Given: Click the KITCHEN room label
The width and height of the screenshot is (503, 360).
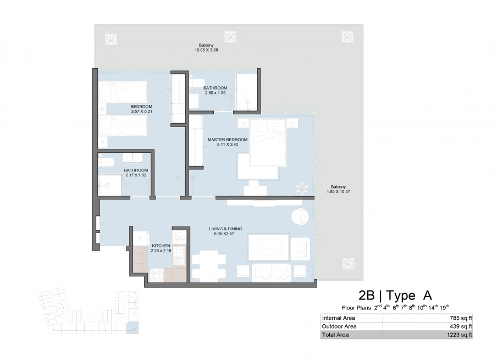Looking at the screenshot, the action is click(x=161, y=246).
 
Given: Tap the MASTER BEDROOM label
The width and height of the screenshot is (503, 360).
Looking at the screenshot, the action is click(x=228, y=140).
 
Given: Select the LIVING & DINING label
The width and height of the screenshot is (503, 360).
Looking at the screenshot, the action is click(x=225, y=229).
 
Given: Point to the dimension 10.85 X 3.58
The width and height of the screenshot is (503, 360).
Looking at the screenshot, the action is click(x=206, y=50).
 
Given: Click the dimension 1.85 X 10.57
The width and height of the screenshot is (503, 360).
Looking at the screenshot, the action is click(x=339, y=192).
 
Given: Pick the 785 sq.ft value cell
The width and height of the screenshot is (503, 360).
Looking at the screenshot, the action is click(x=461, y=318).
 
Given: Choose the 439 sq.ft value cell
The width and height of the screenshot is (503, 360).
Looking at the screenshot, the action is click(x=461, y=326).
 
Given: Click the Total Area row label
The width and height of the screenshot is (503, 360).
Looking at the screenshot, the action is click(x=335, y=335).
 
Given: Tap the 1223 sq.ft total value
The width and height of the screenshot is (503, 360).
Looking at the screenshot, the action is click(x=460, y=335).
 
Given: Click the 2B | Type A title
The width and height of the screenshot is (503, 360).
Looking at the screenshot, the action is click(x=395, y=295).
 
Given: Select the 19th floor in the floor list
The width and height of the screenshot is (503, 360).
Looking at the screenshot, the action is click(x=444, y=307).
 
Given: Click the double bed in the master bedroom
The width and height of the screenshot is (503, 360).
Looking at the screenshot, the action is click(x=268, y=142).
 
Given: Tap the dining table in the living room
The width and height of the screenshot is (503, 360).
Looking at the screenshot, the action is click(x=208, y=266).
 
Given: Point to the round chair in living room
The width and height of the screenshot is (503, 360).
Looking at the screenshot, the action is click(x=300, y=217).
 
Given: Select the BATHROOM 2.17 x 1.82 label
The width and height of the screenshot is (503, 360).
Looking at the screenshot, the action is click(x=136, y=173).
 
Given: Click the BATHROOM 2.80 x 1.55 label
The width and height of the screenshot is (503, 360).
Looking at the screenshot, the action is click(x=215, y=90).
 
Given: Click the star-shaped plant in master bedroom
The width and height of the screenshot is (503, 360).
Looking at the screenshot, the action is click(x=302, y=189).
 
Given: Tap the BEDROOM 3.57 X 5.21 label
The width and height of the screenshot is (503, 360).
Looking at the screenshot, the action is click(x=141, y=109).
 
